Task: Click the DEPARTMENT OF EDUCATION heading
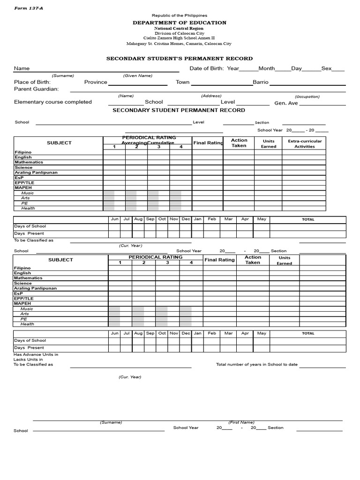pos(180,22)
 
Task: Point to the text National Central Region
pos(180,28)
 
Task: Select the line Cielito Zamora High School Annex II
pos(180,38)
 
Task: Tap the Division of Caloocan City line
pos(180,33)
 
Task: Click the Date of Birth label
pos(207,68)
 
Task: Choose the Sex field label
pos(326,68)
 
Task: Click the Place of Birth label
pos(32,82)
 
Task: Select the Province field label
pos(96,82)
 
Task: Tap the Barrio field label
pos(261,82)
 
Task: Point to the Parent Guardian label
pos(36,89)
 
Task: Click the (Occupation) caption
pos(307,97)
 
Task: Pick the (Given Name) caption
pos(138,75)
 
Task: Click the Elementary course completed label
pos(52,102)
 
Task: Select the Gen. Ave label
pos(286,103)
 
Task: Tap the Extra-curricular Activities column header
pos(305,143)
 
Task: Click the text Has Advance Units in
pos(36,355)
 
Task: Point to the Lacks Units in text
pos(28,360)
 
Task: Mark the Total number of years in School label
pos(256,365)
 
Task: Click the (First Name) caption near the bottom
pos(241,422)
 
